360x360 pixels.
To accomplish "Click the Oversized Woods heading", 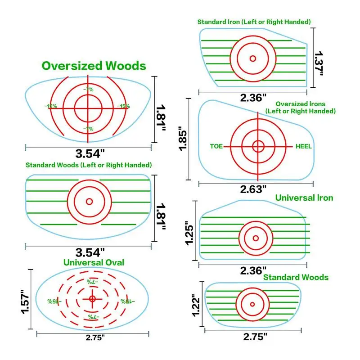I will point(94,66).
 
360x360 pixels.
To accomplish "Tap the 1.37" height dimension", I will point(319,63).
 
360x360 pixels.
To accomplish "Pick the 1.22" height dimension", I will point(195,305).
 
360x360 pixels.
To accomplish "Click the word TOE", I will point(216,147).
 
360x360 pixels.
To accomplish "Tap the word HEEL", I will point(304,147).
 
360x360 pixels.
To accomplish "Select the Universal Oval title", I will point(94,262).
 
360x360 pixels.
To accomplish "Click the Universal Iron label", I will point(304,198).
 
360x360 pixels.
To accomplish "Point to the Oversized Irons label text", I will point(301,107).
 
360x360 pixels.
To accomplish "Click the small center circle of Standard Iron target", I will point(252,58).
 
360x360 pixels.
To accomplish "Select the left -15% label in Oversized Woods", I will point(50,106).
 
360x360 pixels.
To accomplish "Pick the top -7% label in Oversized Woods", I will point(88,90).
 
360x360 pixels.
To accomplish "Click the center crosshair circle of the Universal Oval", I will point(92,298).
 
